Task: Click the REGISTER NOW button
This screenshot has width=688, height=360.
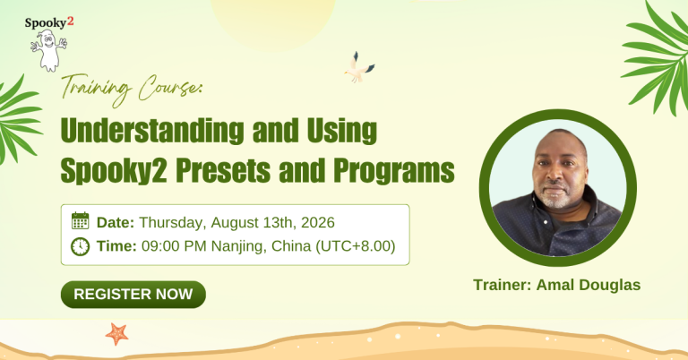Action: pyautogui.click(x=133, y=295)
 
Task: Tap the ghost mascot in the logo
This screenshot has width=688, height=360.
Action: pyautogui.click(x=48, y=50)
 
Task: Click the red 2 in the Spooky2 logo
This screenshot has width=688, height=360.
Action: pyautogui.click(x=70, y=21)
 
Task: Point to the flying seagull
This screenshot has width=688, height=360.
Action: pyautogui.click(x=359, y=67)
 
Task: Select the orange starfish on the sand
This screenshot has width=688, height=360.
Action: pyautogui.click(x=116, y=334)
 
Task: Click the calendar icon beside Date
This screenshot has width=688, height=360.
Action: pyautogui.click(x=81, y=220)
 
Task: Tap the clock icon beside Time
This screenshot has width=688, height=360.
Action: pyautogui.click(x=81, y=246)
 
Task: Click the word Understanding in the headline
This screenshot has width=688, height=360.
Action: pyautogui.click(x=152, y=131)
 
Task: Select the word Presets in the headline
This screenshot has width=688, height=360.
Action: pyautogui.click(x=223, y=170)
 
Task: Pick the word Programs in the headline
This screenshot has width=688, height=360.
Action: pyautogui.click(x=393, y=170)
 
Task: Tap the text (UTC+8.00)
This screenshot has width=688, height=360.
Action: pyautogui.click(x=356, y=246)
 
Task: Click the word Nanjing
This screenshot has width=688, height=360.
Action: pyautogui.click(x=238, y=246)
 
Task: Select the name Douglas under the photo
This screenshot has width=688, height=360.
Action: pyautogui.click(x=610, y=285)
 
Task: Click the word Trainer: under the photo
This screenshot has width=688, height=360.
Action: pyautogui.click(x=503, y=285)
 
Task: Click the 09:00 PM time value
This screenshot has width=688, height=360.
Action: pyautogui.click(x=174, y=246)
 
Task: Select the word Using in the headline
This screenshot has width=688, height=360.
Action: pyautogui.click(x=342, y=131)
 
